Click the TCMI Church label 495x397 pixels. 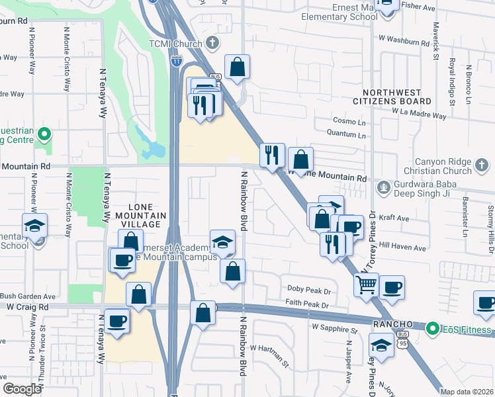pyautogui.click(x=175, y=44)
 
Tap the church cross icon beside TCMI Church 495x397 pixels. pyautogui.click(x=212, y=44)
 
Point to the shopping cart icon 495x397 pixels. pyautogui.click(x=366, y=285)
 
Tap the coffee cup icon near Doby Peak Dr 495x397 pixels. pyautogui.click(x=392, y=287)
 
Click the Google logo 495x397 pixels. pyautogui.click(x=22, y=388)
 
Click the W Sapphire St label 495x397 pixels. pyautogui.click(x=334, y=328)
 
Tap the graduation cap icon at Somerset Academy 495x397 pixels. pyautogui.click(x=223, y=241)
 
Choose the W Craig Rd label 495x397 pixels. pyautogui.click(x=28, y=307)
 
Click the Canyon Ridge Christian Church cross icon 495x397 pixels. pyautogui.click(x=482, y=163)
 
